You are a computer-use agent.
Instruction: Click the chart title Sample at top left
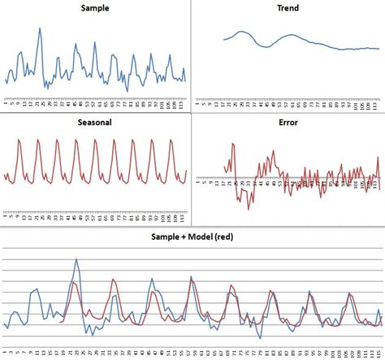click(96, 9)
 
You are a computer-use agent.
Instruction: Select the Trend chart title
click(288, 9)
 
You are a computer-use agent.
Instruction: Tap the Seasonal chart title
click(96, 123)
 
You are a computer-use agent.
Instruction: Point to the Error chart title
click(288, 123)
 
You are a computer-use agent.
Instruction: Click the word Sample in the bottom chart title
click(168, 236)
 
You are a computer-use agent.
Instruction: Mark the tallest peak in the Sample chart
click(39, 28)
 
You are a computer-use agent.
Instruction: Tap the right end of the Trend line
click(379, 49)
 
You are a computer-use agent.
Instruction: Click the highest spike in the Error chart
click(233, 144)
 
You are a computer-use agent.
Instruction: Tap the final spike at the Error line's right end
click(378, 158)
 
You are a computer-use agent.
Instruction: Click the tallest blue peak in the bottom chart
click(77, 260)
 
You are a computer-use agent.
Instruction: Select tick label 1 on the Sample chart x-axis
click(5, 103)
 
